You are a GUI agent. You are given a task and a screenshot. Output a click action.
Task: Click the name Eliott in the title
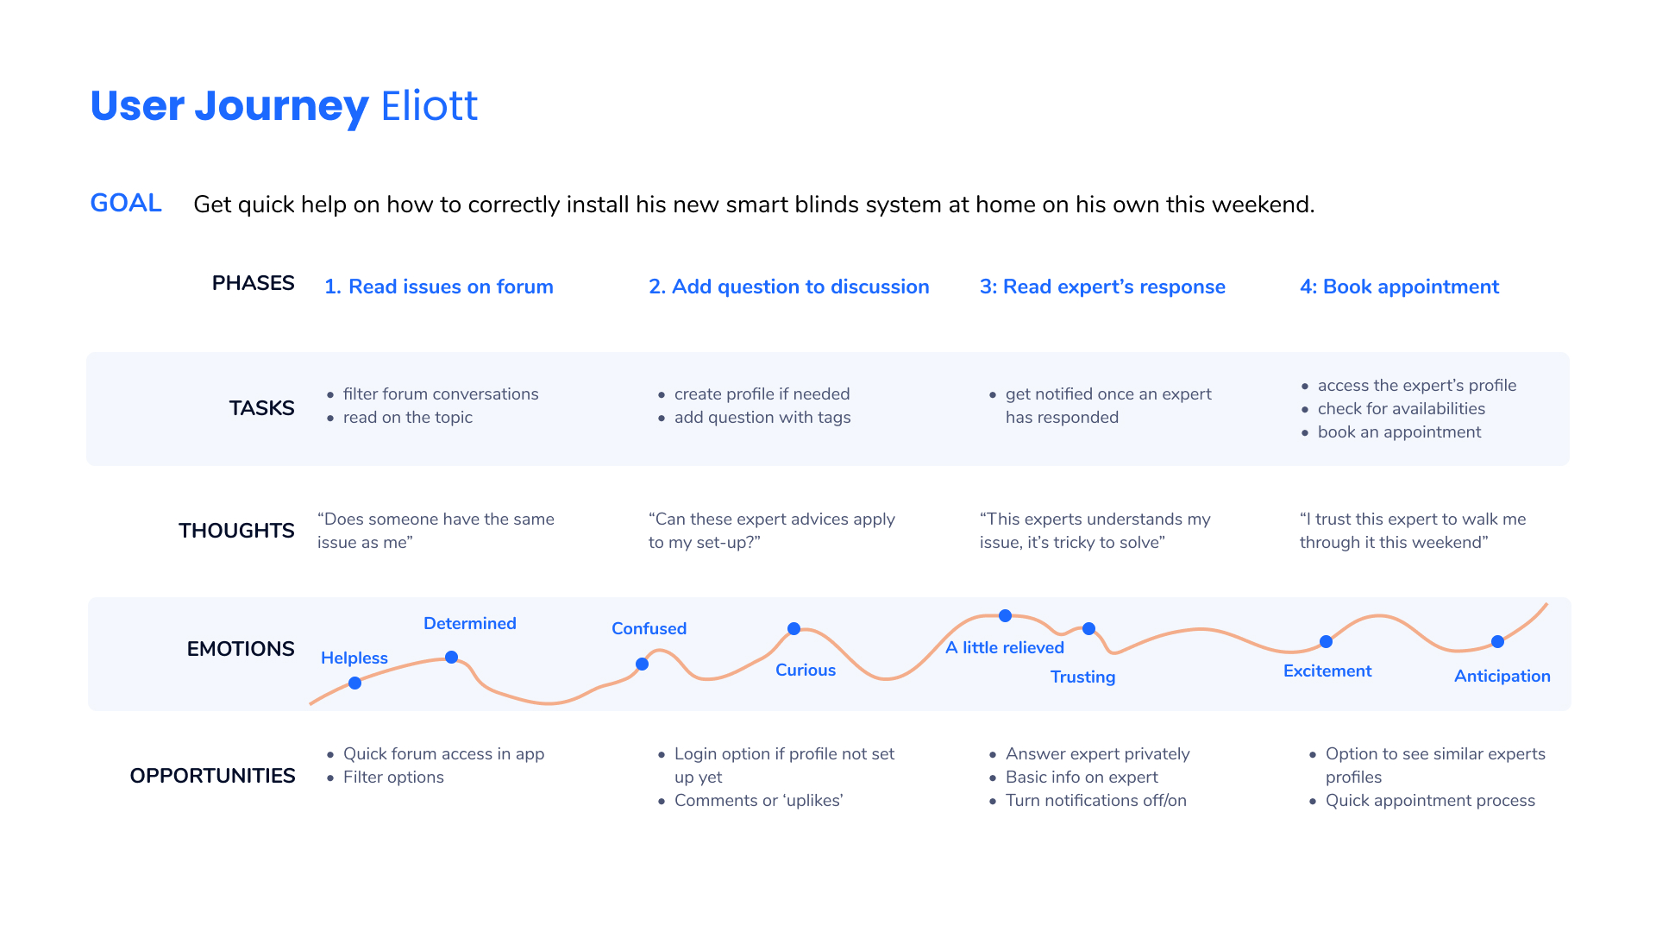(x=429, y=106)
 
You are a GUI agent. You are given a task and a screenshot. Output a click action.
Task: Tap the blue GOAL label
(x=126, y=203)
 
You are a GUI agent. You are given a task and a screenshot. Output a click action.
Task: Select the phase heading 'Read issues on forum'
(x=451, y=287)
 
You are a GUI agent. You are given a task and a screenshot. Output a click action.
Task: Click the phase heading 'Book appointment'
(x=1411, y=287)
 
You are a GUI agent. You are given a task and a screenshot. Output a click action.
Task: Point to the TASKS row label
(x=261, y=408)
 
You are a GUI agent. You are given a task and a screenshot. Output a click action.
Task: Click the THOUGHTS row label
(x=236, y=531)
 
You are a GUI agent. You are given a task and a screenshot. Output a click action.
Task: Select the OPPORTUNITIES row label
(x=212, y=776)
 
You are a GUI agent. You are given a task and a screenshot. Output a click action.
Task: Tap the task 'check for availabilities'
(x=1402, y=409)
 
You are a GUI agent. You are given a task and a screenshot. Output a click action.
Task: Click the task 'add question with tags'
(x=762, y=418)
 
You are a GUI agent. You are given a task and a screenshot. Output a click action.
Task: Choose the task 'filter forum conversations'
(x=441, y=394)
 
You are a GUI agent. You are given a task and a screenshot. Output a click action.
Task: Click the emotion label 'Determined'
(x=470, y=623)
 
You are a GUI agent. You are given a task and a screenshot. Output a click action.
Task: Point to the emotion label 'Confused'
(x=649, y=628)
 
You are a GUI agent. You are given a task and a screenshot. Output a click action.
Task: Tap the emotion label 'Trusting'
(x=1082, y=677)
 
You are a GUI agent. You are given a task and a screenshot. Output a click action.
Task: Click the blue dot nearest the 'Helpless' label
(x=354, y=683)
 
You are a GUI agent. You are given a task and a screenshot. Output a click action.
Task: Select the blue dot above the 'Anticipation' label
(x=1497, y=641)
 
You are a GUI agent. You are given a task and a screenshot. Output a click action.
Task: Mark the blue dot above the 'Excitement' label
(x=1326, y=641)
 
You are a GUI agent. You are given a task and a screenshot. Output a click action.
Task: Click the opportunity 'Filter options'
(x=393, y=778)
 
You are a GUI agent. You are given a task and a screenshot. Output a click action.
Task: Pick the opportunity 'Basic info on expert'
(x=1082, y=778)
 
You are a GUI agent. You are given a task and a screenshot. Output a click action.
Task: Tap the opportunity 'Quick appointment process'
(x=1430, y=801)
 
